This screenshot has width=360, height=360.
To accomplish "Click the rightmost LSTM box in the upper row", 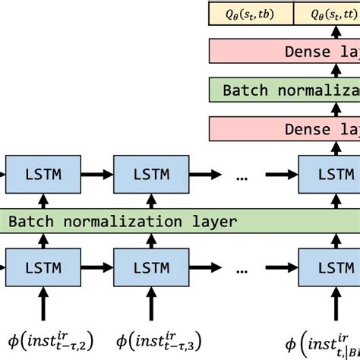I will click(x=328, y=174).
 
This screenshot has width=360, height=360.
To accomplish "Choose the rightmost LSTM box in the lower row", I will click(x=328, y=269).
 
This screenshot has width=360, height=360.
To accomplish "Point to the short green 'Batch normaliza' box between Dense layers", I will click(x=284, y=90).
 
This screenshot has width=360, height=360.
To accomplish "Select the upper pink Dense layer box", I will click(x=284, y=52).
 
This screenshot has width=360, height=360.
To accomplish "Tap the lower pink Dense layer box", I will click(x=284, y=129).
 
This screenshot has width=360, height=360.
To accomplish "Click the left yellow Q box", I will click(x=250, y=13).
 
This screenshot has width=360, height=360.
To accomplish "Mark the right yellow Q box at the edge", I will click(x=327, y=13).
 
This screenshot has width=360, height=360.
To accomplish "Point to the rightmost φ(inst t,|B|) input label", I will click(x=322, y=341).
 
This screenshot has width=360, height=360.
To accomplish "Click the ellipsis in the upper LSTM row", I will click(x=242, y=175).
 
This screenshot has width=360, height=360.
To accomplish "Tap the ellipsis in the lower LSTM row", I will click(x=242, y=270).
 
